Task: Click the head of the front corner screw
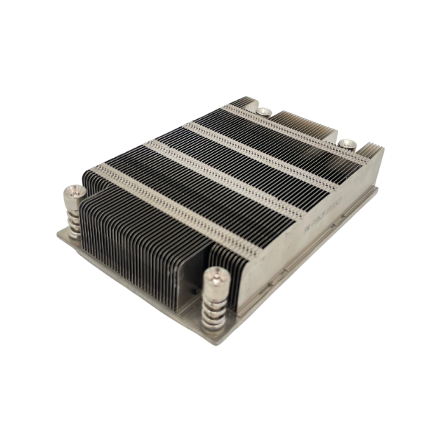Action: (215, 277)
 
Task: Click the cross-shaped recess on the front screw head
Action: (215, 276)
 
